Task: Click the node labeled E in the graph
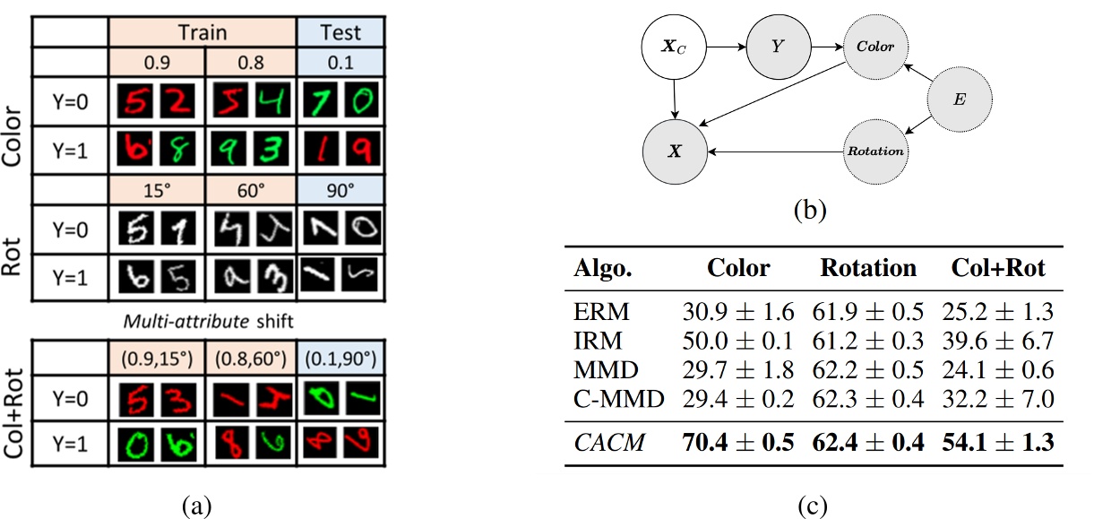pyautogui.click(x=959, y=101)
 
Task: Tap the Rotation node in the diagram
pyautogui.click(x=875, y=151)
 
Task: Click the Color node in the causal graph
pyautogui.click(x=874, y=46)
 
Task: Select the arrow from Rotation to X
pyautogui.click(x=776, y=151)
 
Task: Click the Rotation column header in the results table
pyautogui.click(x=868, y=268)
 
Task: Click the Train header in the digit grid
pyautogui.click(x=202, y=32)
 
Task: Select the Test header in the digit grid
pyautogui.click(x=340, y=32)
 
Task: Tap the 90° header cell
pyautogui.click(x=340, y=192)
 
